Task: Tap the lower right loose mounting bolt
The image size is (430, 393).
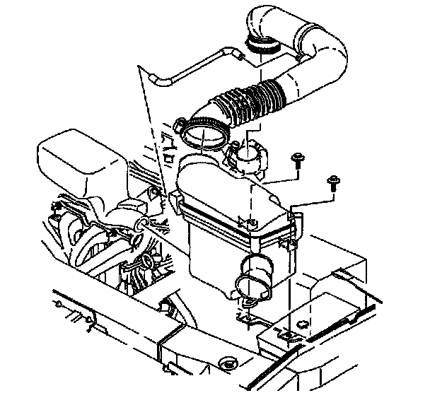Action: [x=332, y=183]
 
